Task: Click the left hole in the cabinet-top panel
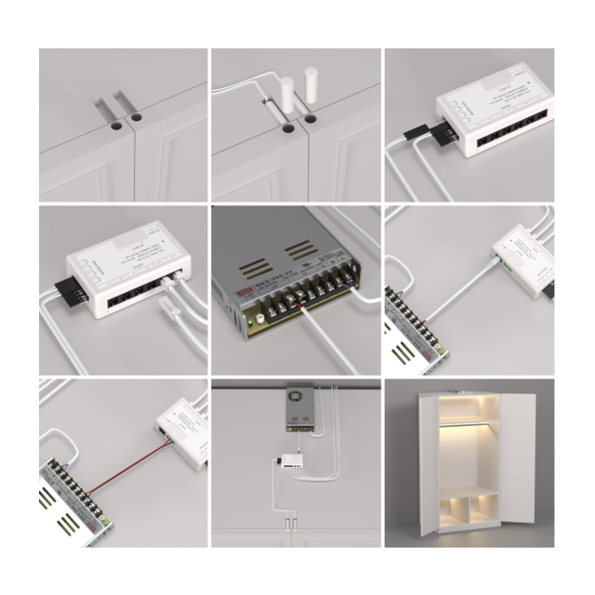point(112,123)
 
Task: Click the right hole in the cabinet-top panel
point(136,119)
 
